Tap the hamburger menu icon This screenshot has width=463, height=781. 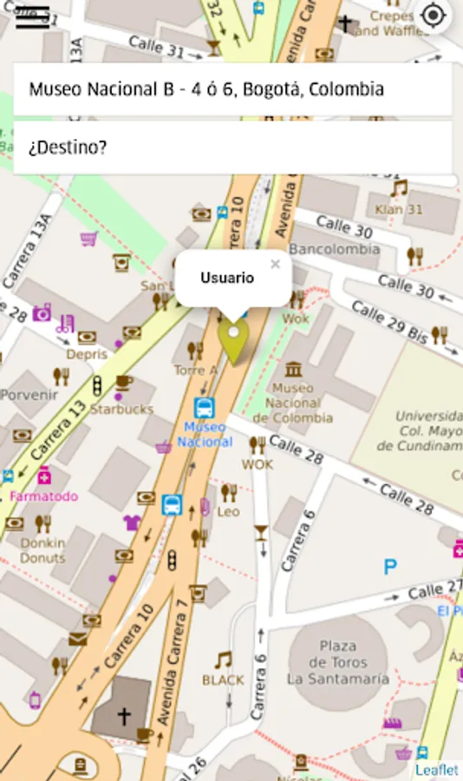point(32,16)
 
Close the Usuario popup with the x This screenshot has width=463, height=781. point(275,264)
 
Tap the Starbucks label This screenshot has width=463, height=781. point(121,409)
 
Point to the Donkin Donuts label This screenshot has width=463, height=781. point(42,550)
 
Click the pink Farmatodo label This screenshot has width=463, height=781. point(43,496)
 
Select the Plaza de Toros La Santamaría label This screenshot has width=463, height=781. point(338,662)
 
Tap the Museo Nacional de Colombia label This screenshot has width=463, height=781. point(298,403)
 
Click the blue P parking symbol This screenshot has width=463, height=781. point(390,568)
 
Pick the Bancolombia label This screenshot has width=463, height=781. point(334,249)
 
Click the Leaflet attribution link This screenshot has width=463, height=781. point(436,770)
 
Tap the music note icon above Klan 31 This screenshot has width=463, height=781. point(399,188)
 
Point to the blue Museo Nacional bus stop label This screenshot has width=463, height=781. point(205,434)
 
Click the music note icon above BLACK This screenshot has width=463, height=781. point(224,660)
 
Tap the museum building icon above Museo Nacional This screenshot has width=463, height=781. point(294,369)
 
